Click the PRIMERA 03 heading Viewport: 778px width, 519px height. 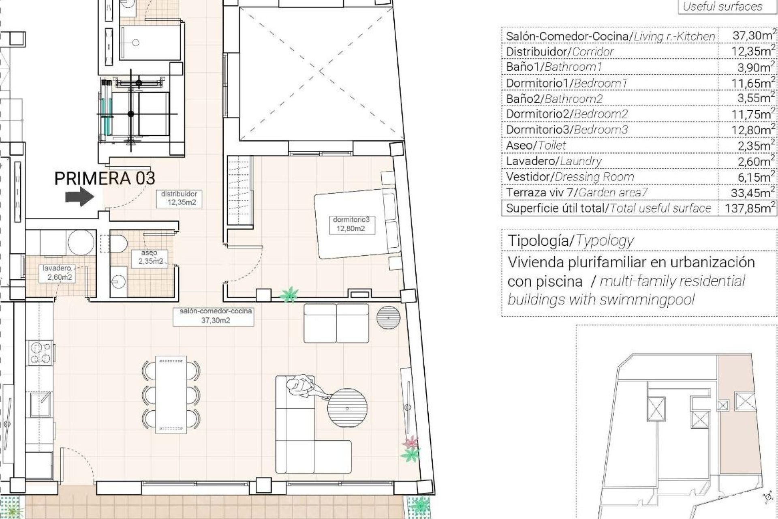tap(105, 178)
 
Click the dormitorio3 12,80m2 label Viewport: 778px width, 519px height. tap(351, 224)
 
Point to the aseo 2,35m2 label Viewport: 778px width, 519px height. tap(150, 257)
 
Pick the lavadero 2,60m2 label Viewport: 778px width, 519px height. tap(59, 272)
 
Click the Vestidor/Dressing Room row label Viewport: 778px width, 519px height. tap(570, 177)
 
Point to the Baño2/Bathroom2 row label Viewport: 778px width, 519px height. tap(554, 99)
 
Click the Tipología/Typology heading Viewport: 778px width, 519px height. tap(571, 241)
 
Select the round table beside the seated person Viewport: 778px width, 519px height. tap(347, 408)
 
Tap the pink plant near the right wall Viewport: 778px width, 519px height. tap(411, 442)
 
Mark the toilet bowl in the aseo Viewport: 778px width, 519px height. tap(118, 244)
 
